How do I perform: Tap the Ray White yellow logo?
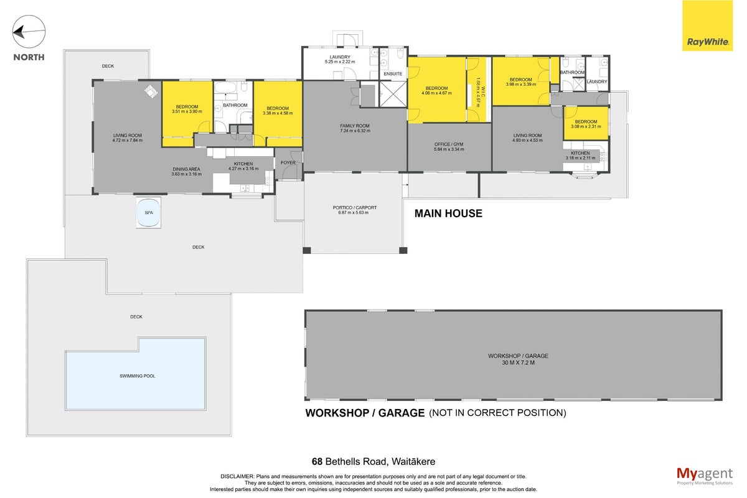coord(707,26)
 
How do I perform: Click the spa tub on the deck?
coord(148,213)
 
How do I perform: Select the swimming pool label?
coord(138,376)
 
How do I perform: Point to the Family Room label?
coord(355,126)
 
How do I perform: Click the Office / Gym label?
coord(449,144)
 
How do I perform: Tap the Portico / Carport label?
coord(354,207)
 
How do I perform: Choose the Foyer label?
coord(288,162)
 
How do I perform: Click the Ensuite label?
coord(393,73)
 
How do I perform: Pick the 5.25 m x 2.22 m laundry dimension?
coord(340,62)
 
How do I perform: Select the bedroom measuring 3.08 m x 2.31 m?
coord(586,124)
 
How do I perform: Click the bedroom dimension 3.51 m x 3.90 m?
coord(187,111)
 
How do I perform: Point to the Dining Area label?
coord(186,169)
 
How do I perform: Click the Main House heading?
coord(448,214)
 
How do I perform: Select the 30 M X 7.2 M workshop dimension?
coord(518,362)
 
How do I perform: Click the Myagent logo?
coord(705,476)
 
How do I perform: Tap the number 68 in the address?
coord(317,462)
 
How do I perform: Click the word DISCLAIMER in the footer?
coord(237,476)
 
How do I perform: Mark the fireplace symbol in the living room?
coord(151,92)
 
